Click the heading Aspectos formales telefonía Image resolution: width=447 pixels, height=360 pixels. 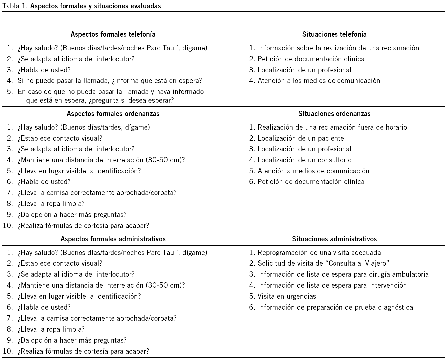click(x=113, y=34)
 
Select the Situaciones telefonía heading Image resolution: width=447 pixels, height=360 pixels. click(x=334, y=34)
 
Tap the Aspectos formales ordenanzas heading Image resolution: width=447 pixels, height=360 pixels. click(x=113, y=113)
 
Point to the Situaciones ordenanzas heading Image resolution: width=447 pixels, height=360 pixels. click(x=334, y=113)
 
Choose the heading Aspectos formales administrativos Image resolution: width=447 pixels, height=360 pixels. click(x=113, y=239)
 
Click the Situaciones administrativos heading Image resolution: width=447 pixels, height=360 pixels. click(x=334, y=239)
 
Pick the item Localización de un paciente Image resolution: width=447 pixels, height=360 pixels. click(x=301, y=138)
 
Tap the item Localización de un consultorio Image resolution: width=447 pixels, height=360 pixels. click(x=305, y=160)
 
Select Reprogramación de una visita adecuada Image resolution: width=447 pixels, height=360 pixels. click(x=319, y=252)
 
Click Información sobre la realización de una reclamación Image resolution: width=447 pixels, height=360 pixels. click(x=338, y=48)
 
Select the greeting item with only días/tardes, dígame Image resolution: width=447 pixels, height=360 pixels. click(x=84, y=127)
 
